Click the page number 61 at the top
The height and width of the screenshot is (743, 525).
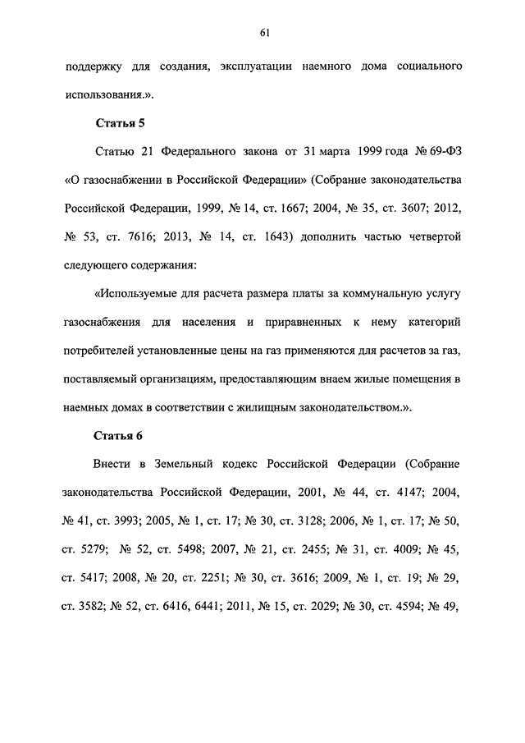click(262, 33)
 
